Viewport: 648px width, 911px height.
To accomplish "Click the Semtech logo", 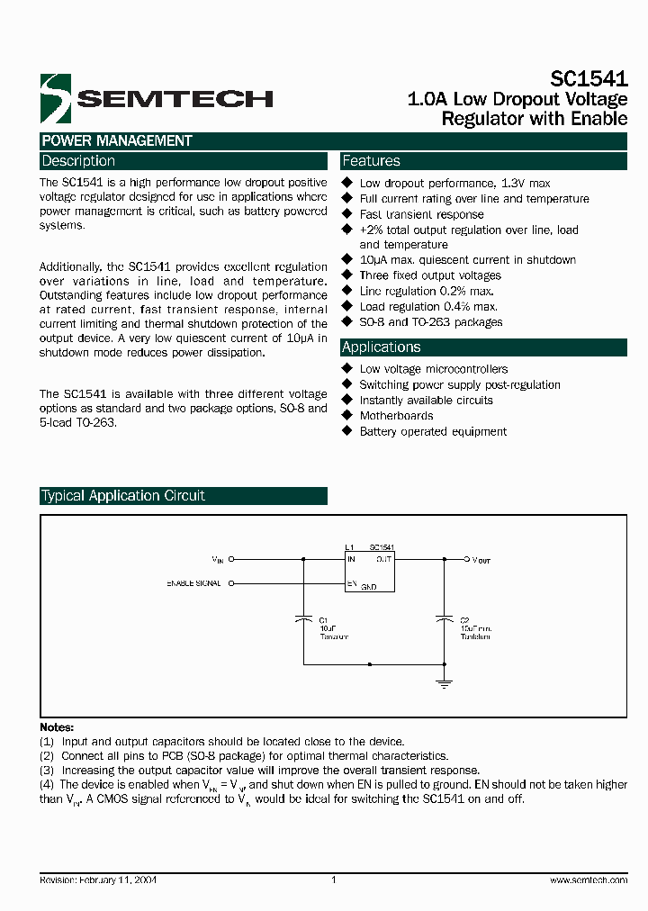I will click(155, 97).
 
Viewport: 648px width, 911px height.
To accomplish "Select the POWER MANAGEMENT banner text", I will click(116, 141).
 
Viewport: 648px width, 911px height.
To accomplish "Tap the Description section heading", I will click(78, 161).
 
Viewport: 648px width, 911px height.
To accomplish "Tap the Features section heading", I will click(371, 161).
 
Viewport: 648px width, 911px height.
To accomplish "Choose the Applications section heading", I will click(381, 347).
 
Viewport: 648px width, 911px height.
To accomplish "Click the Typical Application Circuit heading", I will click(122, 496).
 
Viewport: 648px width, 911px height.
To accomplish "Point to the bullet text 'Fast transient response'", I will click(421, 214).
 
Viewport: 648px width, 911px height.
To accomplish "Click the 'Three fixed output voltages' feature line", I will click(430, 275).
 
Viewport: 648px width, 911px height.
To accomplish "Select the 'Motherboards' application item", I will click(396, 416).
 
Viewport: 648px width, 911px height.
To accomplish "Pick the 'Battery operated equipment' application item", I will click(433, 431).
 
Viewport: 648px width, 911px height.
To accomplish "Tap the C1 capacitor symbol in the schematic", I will click(304, 618).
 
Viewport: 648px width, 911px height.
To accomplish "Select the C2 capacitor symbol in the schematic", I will click(443, 618).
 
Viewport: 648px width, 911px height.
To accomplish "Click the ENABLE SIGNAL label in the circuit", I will click(194, 583).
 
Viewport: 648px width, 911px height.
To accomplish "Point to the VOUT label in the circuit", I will click(481, 559).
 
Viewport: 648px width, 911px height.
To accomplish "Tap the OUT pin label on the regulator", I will click(383, 559).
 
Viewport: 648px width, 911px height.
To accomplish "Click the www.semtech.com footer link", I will click(588, 880).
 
